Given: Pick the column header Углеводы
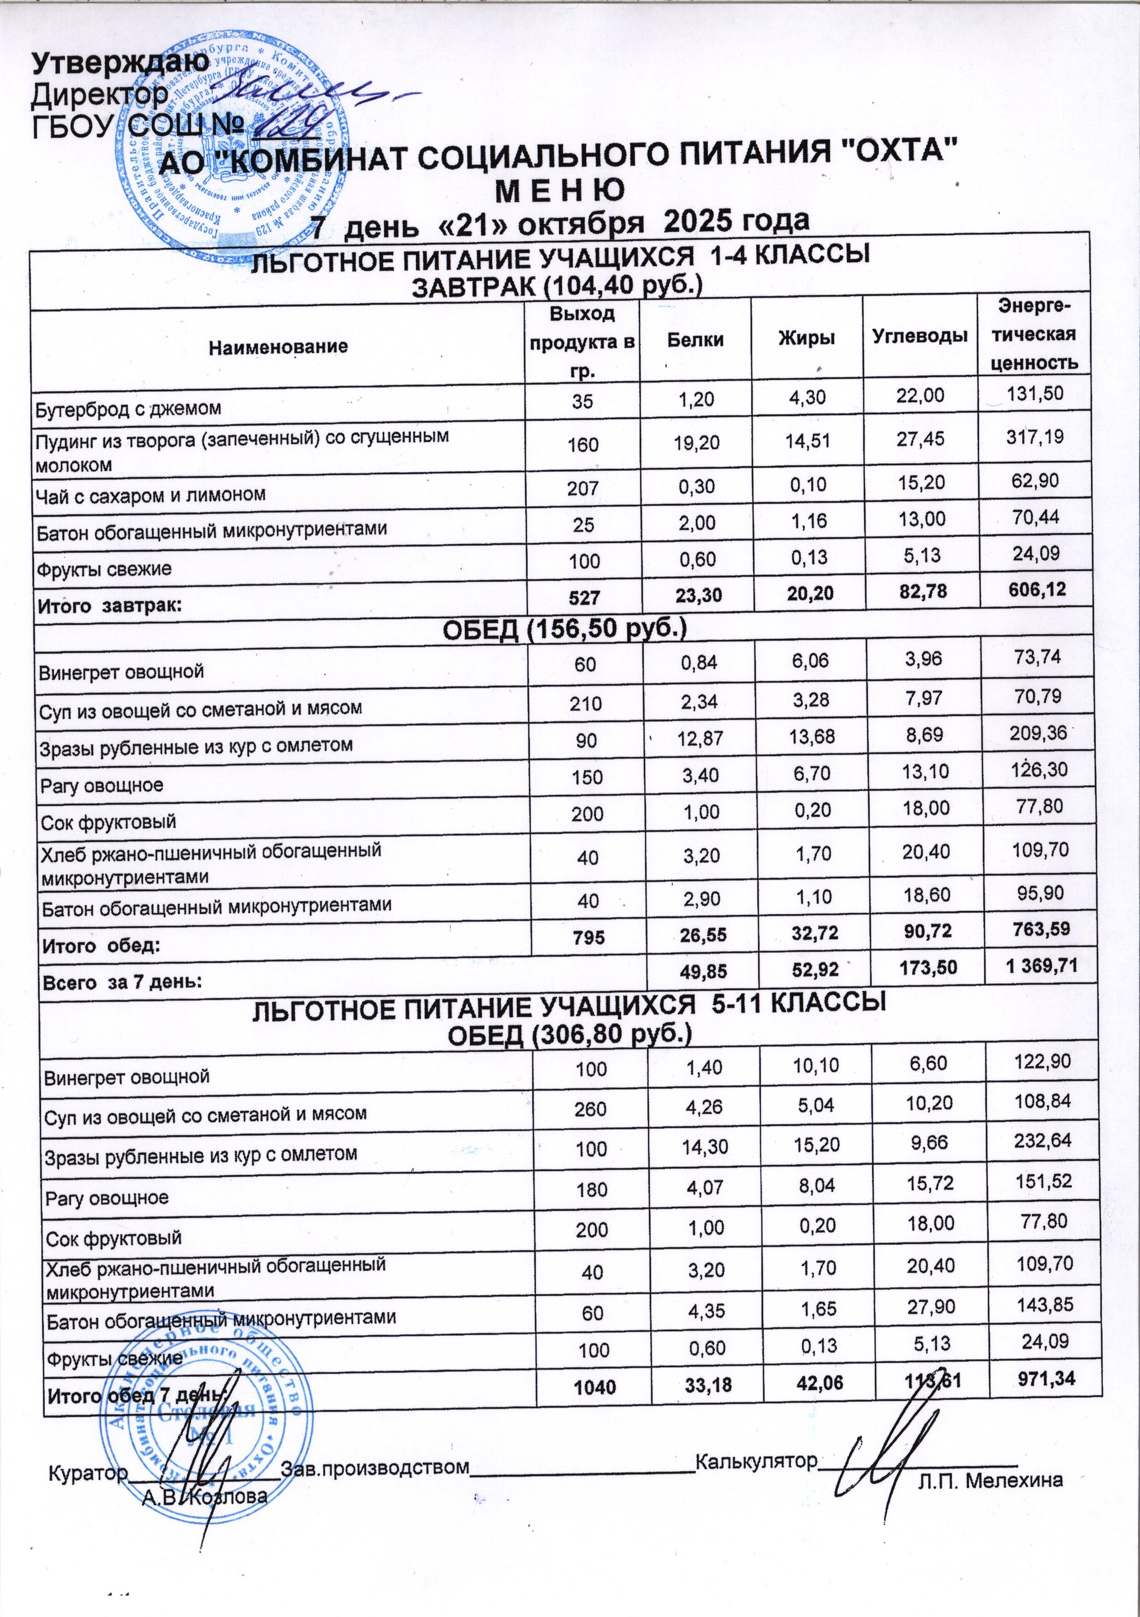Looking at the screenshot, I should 920,336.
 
